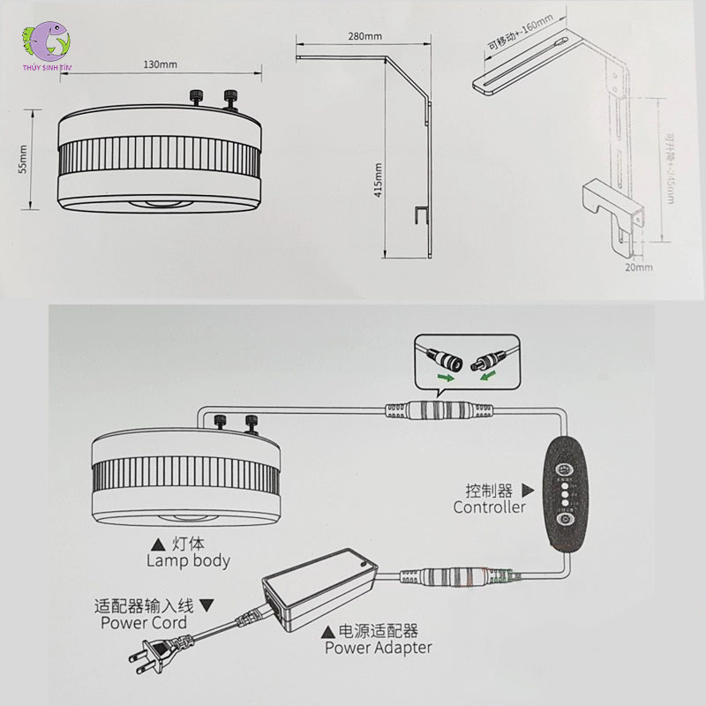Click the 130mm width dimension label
tap(160, 64)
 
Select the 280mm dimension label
tap(364, 37)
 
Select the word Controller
tap(489, 507)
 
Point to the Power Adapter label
tap(378, 647)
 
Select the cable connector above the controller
tap(441, 410)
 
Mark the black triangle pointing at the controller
tap(529, 491)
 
